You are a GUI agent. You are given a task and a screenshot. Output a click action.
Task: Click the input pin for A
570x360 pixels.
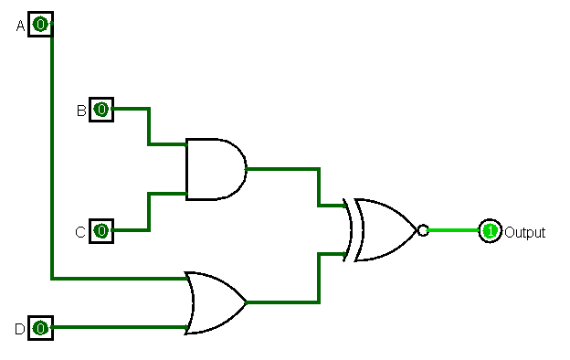point(40,24)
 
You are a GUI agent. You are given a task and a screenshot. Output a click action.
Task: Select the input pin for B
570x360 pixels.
point(101,110)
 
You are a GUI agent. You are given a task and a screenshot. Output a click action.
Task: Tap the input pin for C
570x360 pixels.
point(101,231)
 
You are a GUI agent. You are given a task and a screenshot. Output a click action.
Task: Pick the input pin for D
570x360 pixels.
point(40,327)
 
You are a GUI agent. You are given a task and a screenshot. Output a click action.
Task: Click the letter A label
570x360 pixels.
point(21,26)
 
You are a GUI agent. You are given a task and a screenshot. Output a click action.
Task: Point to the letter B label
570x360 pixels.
point(81,111)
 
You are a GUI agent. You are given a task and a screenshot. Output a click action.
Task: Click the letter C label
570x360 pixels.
point(80,232)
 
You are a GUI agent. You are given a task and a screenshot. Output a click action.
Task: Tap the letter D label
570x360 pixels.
point(19,329)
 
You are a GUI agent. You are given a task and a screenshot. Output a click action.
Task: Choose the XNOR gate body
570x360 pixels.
point(384,230)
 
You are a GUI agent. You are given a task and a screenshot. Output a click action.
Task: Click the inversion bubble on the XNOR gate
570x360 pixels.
point(422,230)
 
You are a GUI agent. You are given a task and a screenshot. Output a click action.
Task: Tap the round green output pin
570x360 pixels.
point(490,231)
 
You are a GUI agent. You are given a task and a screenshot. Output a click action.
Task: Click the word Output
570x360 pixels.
point(525,233)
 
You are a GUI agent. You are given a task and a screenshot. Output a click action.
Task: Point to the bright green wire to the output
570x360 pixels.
point(452,230)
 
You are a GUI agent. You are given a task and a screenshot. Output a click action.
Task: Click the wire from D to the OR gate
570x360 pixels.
point(119,327)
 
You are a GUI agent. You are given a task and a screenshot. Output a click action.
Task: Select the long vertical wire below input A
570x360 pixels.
point(52,155)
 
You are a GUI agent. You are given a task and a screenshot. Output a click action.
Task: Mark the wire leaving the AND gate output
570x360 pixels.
point(283,169)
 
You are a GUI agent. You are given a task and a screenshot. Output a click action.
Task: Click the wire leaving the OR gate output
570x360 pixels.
point(283,302)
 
